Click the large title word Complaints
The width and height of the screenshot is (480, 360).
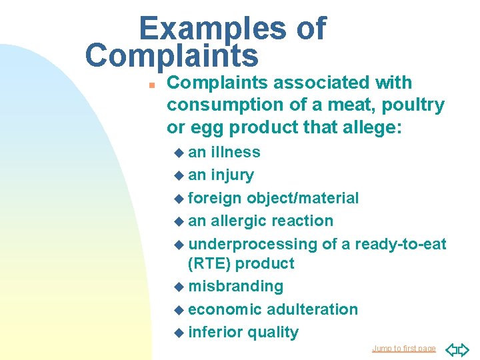(x=171, y=56)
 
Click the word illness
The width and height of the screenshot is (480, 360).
(x=235, y=152)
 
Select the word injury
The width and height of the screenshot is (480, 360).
(x=232, y=175)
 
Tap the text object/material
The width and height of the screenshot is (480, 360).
(x=303, y=198)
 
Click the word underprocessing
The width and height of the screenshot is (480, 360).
(x=253, y=244)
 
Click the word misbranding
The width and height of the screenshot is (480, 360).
(x=236, y=286)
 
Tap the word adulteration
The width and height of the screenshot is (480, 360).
(x=312, y=309)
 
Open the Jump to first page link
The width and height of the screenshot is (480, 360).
(x=403, y=349)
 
